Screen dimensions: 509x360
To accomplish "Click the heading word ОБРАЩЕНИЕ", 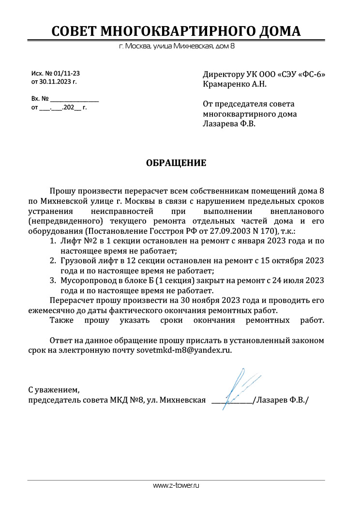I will tap(176, 163).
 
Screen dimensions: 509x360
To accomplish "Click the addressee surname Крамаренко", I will tap(226, 84).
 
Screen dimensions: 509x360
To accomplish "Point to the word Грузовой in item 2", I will tap(77, 261).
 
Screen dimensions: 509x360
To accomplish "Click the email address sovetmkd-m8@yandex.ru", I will tap(184, 350).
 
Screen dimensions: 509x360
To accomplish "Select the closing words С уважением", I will tap(53, 389).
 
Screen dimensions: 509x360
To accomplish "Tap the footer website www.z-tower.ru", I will tap(176, 485).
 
